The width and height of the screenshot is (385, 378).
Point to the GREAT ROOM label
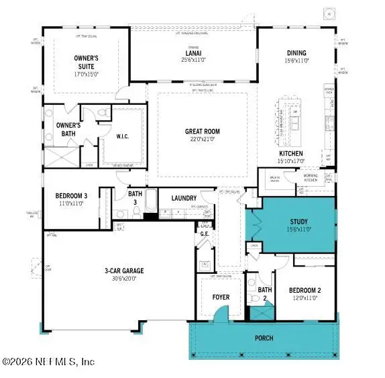coord(202,131)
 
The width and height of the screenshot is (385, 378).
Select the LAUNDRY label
coord(183,198)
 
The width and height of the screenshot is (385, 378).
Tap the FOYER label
coord(221,297)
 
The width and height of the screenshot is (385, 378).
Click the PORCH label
coord(264,338)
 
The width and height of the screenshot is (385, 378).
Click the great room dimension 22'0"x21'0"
coord(202,139)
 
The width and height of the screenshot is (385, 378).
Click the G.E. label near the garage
coord(205,234)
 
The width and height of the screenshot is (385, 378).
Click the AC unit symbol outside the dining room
coord(329,13)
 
